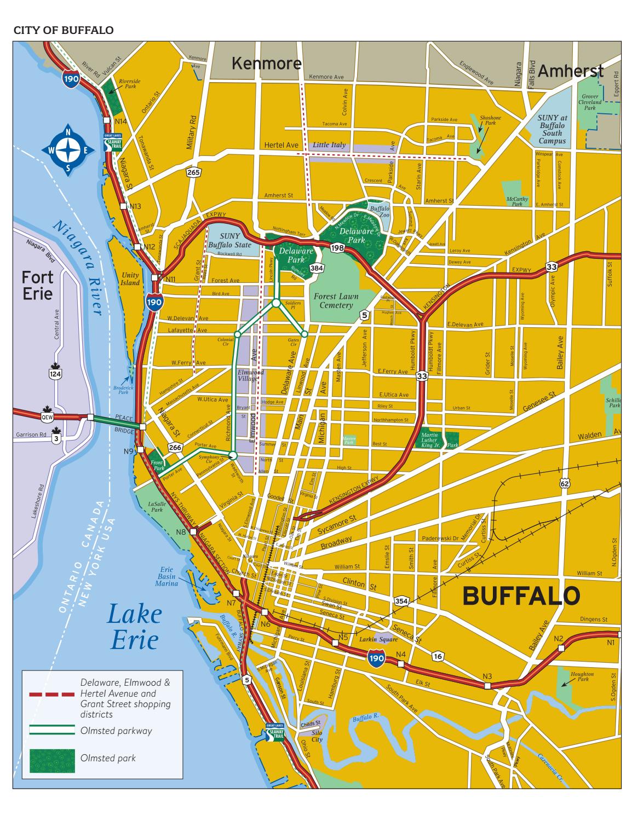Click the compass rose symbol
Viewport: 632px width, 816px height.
[x=68, y=150]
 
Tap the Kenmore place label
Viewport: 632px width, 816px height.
[x=266, y=63]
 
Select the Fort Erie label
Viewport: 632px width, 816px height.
[x=37, y=286]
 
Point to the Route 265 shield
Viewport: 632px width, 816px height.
[x=193, y=172]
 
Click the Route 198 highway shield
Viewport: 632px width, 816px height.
[x=336, y=249]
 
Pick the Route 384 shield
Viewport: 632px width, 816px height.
[x=316, y=268]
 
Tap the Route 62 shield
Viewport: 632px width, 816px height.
[x=565, y=483]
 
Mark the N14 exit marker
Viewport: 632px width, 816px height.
[x=120, y=121]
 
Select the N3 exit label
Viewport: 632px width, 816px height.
[x=487, y=675]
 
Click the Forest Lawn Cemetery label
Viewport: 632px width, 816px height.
[x=336, y=300]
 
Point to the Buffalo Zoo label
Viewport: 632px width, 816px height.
[x=379, y=212]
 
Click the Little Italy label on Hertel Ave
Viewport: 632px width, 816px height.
[x=329, y=146]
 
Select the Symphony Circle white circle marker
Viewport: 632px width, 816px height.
[x=233, y=455]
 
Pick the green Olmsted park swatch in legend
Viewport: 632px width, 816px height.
[x=52, y=758]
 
